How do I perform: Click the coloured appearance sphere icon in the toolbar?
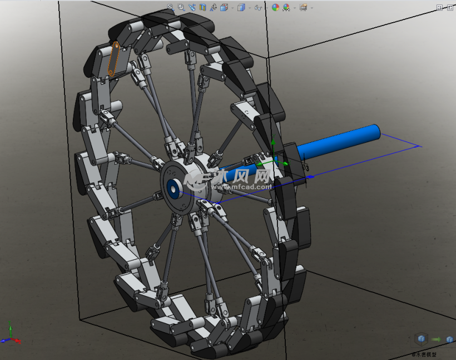pyautogui.click(x=275, y=7)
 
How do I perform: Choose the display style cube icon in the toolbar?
pyautogui.click(x=241, y=7)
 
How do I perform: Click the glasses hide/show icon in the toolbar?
pyautogui.click(x=258, y=7)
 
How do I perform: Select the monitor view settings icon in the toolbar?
pyautogui.click(x=303, y=7)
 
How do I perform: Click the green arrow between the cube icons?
pyautogui.click(x=435, y=339)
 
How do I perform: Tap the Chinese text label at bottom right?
pyautogui.click(x=424, y=354)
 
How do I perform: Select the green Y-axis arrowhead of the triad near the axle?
pyautogui.click(x=273, y=142)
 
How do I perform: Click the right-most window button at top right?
pyautogui.click(x=448, y=7)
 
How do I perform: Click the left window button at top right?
pyautogui.click(x=439, y=7)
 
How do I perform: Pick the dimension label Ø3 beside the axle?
pyautogui.click(x=305, y=166)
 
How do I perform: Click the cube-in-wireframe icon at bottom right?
pyautogui.click(x=422, y=339)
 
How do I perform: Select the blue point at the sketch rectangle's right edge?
pyautogui.click(x=311, y=177)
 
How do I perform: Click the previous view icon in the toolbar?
pyautogui.click(x=192, y=7)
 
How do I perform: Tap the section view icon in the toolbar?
pyautogui.click(x=203, y=7)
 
